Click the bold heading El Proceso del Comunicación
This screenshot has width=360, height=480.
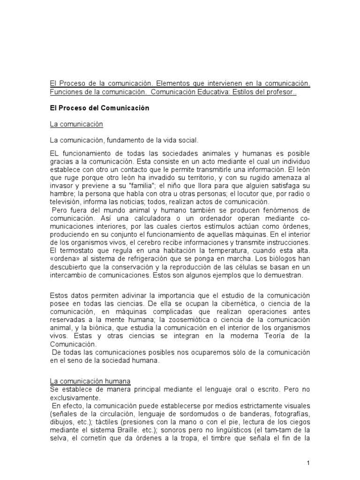(x=99, y=108)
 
